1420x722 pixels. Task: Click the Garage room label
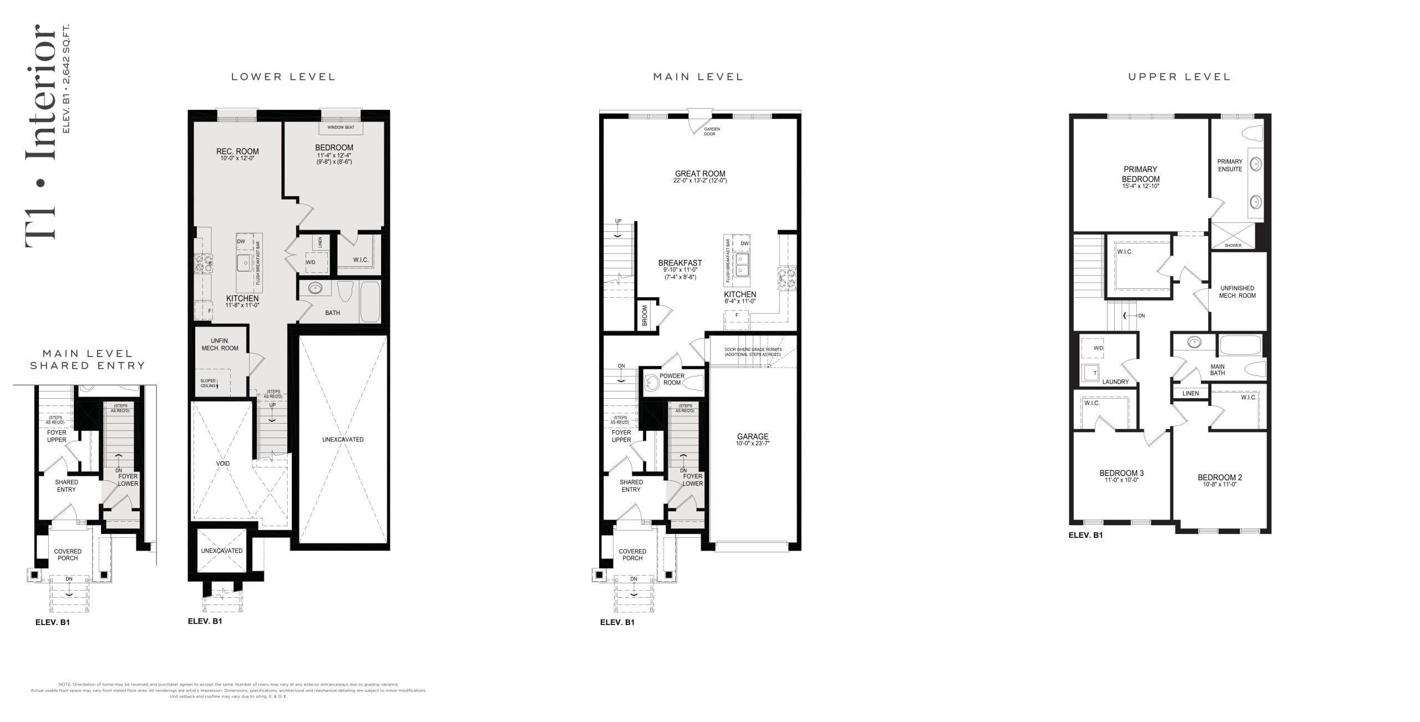(753, 436)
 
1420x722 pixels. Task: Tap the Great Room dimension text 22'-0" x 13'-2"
(700, 181)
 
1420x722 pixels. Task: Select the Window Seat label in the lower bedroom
(341, 128)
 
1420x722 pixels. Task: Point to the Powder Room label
(672, 379)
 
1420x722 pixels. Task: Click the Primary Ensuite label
(1230, 165)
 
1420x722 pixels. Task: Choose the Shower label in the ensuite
(1233, 245)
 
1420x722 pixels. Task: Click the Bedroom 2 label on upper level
(1220, 477)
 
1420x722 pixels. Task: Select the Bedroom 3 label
(1122, 473)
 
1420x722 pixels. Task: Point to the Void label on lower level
(223, 464)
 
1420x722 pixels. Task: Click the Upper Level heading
(1179, 77)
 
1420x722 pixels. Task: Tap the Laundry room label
(1115, 382)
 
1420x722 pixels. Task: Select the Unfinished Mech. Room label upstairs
(1238, 292)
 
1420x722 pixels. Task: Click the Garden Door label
(712, 131)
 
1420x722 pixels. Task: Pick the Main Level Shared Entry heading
(88, 359)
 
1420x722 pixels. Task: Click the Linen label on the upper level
(1190, 393)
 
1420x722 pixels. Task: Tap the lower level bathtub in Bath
(369, 302)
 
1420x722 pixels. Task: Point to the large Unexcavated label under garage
(343, 440)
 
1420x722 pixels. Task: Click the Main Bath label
(1218, 370)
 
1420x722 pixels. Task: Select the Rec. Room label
(237, 151)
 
